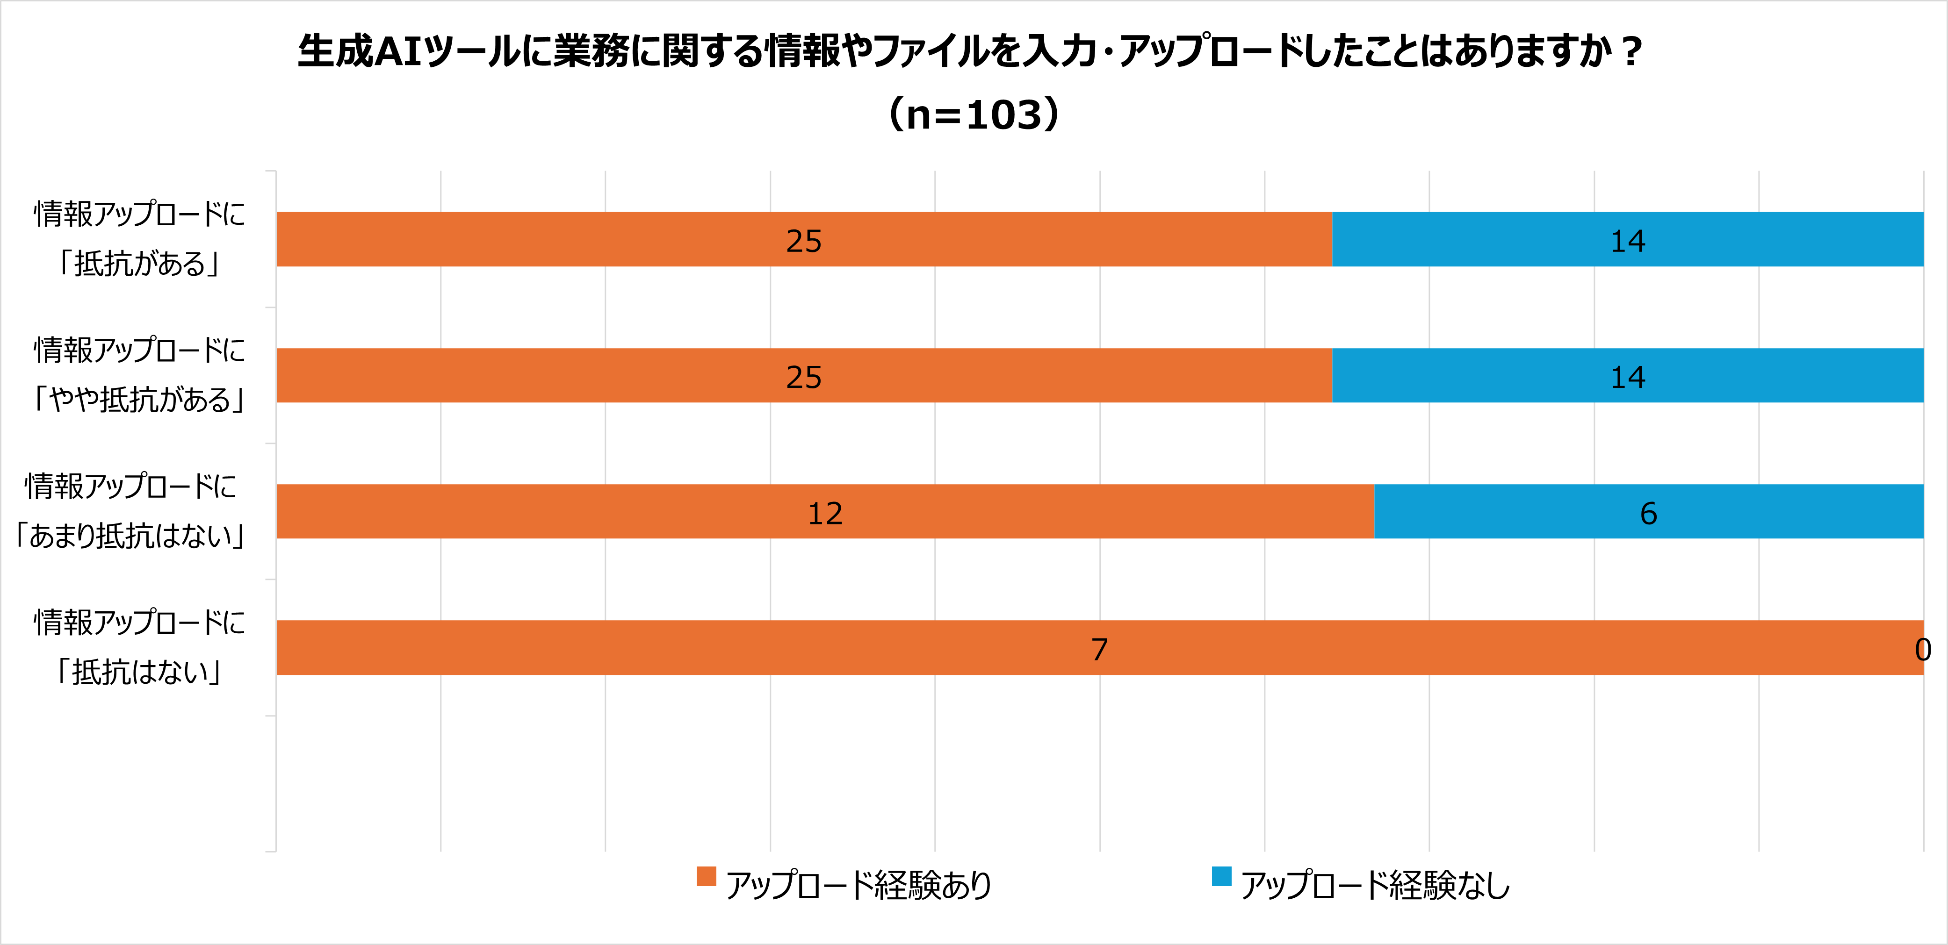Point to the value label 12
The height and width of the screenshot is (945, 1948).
(x=825, y=513)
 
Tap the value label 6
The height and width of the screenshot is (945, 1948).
(x=1649, y=513)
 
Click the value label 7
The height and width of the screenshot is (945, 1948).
(x=1099, y=650)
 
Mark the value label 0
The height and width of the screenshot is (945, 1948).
(x=1923, y=650)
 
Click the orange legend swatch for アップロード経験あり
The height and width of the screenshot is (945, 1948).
(x=706, y=876)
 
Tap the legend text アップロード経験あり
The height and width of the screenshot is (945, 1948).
(x=859, y=885)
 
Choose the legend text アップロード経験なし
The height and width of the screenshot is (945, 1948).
(x=1375, y=885)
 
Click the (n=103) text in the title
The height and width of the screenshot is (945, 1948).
(x=974, y=115)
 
